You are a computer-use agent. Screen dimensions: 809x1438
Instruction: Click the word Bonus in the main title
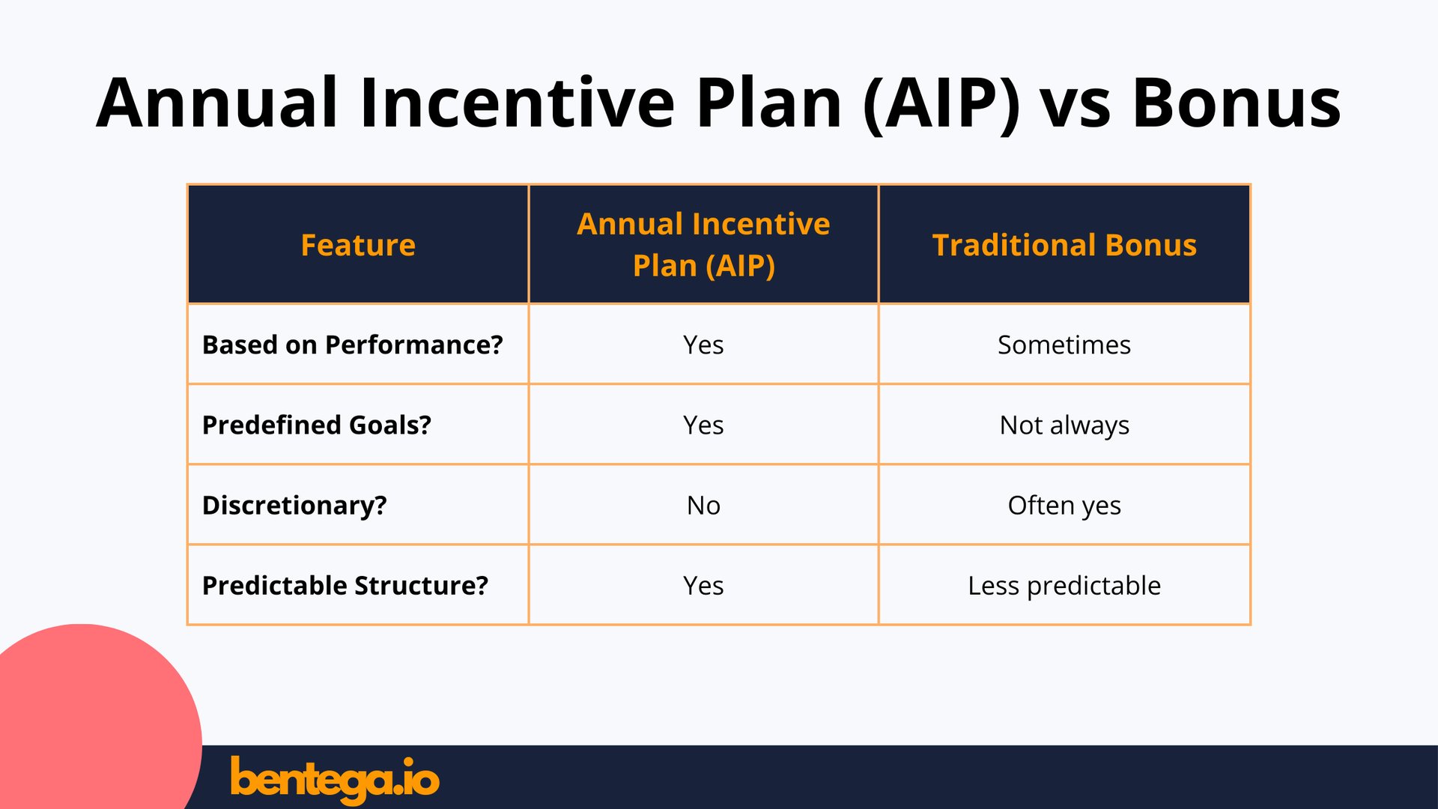click(x=1236, y=103)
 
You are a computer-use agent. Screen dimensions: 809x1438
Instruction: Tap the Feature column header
click(x=358, y=245)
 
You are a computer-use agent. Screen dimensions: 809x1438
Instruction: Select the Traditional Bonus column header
click(x=1064, y=245)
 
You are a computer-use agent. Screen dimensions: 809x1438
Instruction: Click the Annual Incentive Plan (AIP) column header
click(x=703, y=244)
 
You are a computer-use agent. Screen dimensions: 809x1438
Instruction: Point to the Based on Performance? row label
click(x=353, y=345)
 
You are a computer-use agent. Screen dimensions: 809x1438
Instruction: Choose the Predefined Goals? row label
click(x=317, y=425)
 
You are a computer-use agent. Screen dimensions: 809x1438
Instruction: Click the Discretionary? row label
click(x=294, y=505)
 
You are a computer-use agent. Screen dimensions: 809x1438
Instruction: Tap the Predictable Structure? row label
click(x=345, y=585)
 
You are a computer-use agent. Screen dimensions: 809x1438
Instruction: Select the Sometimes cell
click(x=1064, y=345)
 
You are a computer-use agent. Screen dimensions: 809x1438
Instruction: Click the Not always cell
click(x=1064, y=425)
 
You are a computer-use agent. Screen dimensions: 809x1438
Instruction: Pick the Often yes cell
click(x=1064, y=505)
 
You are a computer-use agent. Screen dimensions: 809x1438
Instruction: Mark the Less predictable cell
click(x=1064, y=585)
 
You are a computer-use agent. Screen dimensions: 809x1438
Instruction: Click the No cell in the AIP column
click(x=703, y=505)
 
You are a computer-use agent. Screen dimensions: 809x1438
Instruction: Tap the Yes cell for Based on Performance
click(x=703, y=345)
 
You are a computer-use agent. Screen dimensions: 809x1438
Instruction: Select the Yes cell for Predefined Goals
click(x=703, y=425)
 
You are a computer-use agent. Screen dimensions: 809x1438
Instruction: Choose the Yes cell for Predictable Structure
click(x=703, y=585)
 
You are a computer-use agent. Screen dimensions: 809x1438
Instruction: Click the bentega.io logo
click(x=334, y=779)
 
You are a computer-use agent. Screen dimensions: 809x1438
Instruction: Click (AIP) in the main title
click(x=942, y=103)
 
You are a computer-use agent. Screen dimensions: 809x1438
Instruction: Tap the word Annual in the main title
click(x=217, y=103)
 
